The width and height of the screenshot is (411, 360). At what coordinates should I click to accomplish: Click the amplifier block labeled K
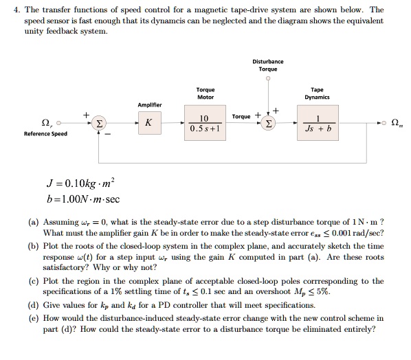pos(148,123)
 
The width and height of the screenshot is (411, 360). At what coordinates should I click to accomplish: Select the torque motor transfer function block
pos(203,122)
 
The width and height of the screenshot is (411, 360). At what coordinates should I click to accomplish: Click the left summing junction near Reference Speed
pos(100,123)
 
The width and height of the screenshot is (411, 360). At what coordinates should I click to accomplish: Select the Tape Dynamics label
pos(318,93)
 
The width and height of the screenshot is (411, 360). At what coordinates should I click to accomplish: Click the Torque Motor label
pos(205,93)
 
